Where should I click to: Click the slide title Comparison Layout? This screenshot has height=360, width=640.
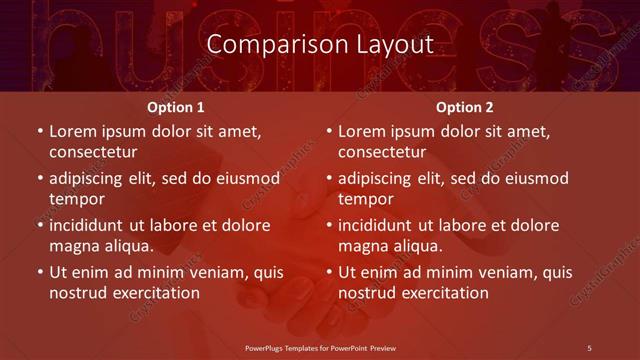coord(319,45)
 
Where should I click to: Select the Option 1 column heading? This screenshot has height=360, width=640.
coord(175,107)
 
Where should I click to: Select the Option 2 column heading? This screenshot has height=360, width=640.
coord(464,107)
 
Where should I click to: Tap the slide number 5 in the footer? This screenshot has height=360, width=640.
coord(589,347)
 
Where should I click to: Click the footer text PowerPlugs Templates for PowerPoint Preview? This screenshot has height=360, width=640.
coord(320,347)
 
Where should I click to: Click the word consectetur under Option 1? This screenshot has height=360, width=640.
coord(93,153)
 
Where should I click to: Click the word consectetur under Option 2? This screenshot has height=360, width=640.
coord(382,153)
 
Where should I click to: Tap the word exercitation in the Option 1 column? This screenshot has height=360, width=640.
coord(155,293)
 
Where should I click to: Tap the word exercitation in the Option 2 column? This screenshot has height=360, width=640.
coord(444,293)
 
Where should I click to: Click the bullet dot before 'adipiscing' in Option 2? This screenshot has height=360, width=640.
coord(328,178)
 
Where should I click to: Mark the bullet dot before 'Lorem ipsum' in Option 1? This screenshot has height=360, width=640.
coord(39,131)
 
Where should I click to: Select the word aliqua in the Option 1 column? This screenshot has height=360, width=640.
coord(129,246)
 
